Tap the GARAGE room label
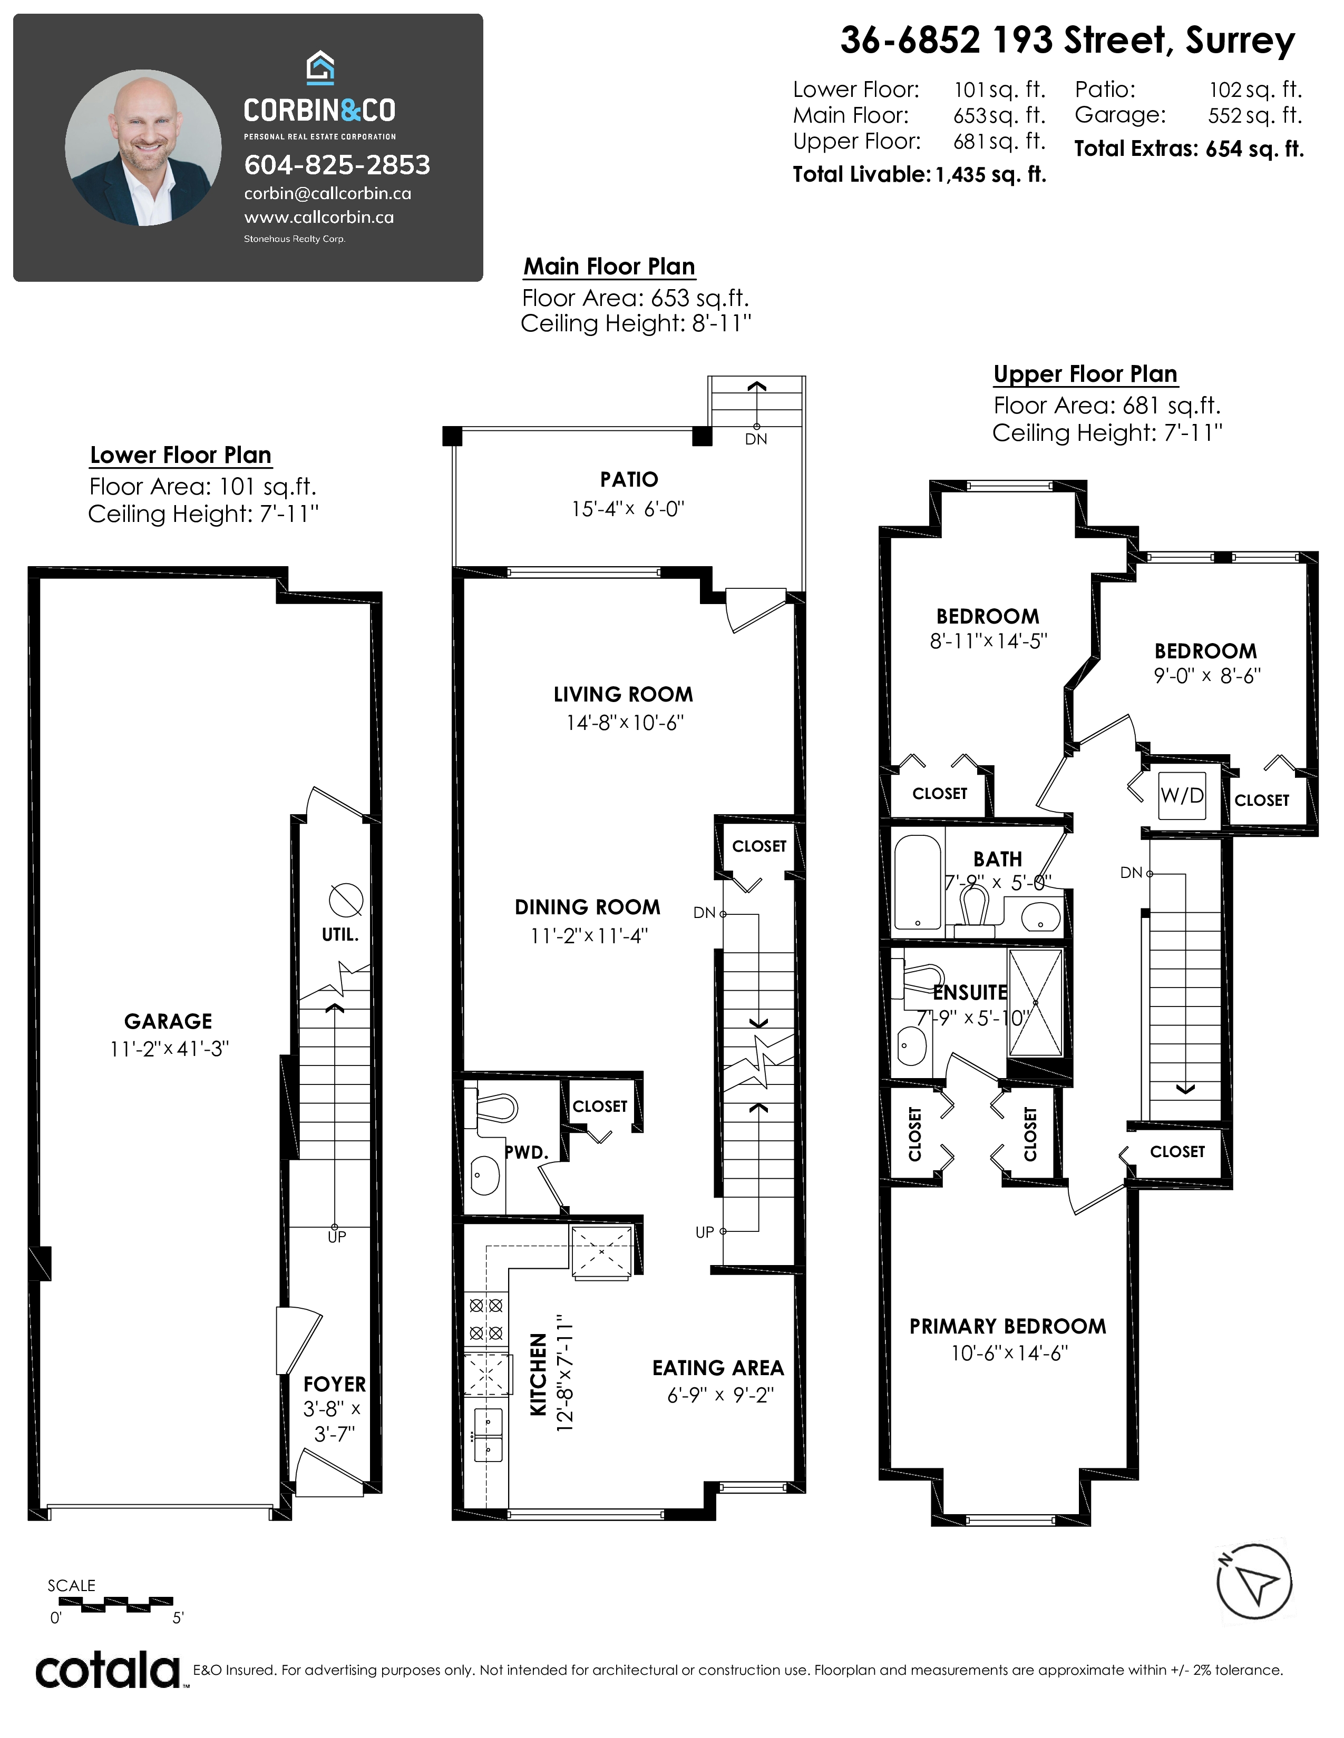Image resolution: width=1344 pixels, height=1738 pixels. (168, 1021)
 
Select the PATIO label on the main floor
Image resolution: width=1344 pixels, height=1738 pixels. (629, 479)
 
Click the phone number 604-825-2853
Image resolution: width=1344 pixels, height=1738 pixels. (337, 165)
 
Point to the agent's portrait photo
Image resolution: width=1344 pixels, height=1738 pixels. (143, 147)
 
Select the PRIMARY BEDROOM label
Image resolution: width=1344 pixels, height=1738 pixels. (1008, 1327)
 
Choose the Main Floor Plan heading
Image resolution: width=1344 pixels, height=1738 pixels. (609, 266)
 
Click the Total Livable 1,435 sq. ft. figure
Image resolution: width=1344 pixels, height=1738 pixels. (920, 175)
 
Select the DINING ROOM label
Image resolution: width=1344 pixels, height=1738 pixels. (588, 907)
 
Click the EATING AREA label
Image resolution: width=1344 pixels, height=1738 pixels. (718, 1368)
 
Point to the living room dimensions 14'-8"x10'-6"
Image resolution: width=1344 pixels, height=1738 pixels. (625, 723)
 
